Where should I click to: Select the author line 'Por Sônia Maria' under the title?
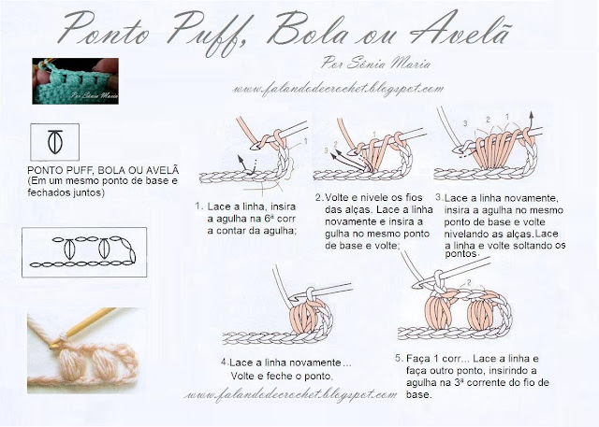pos(375,63)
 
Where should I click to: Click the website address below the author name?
pos(338,90)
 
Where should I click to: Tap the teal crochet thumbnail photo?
pos(75,81)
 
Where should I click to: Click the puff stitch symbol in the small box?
pos(55,141)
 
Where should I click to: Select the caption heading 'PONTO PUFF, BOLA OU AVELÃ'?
pos(103,170)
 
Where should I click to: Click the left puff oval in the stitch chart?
pos(69,249)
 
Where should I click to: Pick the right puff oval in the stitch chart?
pos(103,249)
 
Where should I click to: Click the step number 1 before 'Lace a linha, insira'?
pos(198,206)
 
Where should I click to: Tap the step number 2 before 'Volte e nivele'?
pos(319,197)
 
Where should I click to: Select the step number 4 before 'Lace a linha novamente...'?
pos(225,362)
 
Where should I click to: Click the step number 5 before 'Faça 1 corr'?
pos(400,358)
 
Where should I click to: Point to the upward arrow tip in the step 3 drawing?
pos(531,113)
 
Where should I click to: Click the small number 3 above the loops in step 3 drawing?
pos(465,123)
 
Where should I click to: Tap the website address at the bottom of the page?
pos(290,395)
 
